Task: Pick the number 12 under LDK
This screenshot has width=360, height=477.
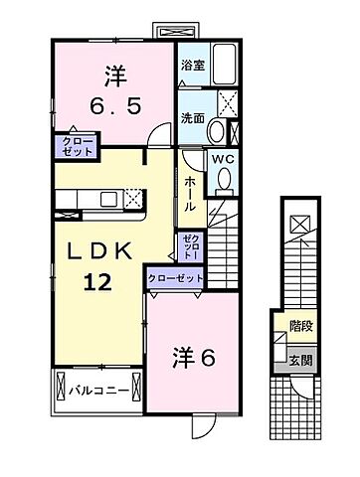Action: [96, 283]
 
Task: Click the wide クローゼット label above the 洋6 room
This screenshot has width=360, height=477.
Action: [174, 278]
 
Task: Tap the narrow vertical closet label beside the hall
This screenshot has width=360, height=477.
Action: [190, 245]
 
